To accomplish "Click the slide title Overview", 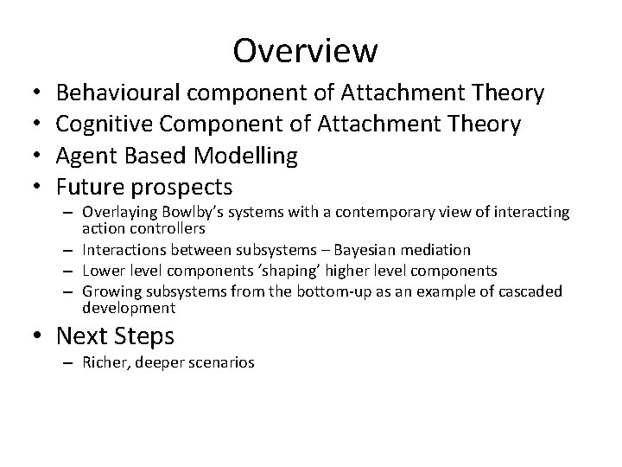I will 305,51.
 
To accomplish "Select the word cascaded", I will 528,291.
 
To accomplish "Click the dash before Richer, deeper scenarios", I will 69,362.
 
